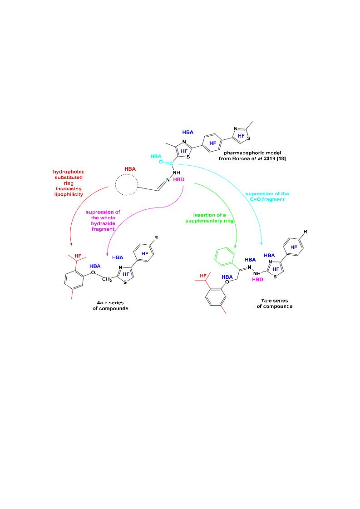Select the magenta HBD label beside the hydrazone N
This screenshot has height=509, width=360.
point(178,179)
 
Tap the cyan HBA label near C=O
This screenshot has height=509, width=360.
point(156,157)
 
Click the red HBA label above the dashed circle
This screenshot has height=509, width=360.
point(130,169)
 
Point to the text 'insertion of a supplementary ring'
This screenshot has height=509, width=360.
point(209,218)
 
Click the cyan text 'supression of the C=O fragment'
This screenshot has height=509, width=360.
point(267,197)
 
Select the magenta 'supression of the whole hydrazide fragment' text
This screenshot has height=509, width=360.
point(103,220)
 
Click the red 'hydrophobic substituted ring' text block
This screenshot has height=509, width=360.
point(69,183)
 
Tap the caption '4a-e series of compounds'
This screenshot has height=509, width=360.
point(110,306)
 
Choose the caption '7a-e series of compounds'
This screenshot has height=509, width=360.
point(275,303)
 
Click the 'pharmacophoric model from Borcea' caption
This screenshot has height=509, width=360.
point(252,156)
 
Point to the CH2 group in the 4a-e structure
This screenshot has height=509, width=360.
point(107,279)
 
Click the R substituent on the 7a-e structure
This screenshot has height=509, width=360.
point(306,232)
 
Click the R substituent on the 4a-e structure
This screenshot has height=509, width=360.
point(156,237)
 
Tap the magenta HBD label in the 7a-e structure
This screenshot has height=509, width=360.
point(257,279)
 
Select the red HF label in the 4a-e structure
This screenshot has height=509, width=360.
point(78,256)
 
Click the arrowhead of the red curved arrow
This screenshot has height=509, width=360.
point(71,244)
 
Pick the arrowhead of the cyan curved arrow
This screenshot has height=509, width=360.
point(261,243)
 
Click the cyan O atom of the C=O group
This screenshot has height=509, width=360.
point(161,162)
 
